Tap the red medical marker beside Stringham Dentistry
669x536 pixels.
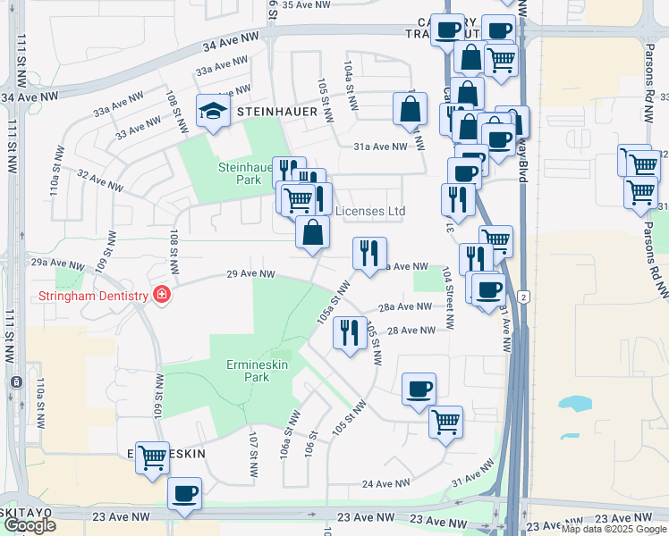point(161,295)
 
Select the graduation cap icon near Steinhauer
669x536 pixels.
point(212,112)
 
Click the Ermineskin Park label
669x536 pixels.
point(244,371)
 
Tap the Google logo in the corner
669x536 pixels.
point(30,525)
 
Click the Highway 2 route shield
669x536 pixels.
point(522,295)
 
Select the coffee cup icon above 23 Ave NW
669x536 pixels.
point(184,494)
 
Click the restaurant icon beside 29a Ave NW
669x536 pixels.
point(368,254)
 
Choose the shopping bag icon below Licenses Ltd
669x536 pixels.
point(313,233)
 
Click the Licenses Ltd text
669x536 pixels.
point(370,211)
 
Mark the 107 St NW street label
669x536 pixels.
point(253,448)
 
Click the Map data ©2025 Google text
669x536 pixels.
point(614,529)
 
